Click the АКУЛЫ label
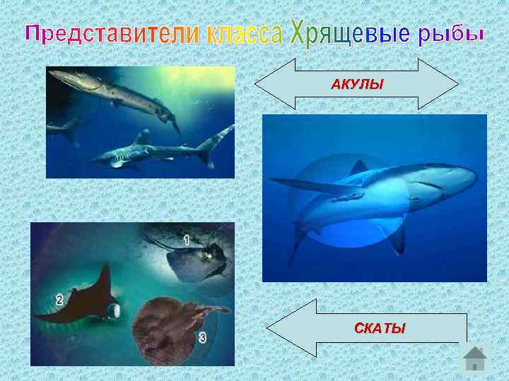pyautogui.click(x=357, y=85)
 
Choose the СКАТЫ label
pyautogui.click(x=380, y=328)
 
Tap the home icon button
pyautogui.click(x=475, y=358)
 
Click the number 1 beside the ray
pyautogui.click(x=186, y=240)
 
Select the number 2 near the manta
pyautogui.click(x=60, y=299)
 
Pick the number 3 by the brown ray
pyautogui.click(x=202, y=338)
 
